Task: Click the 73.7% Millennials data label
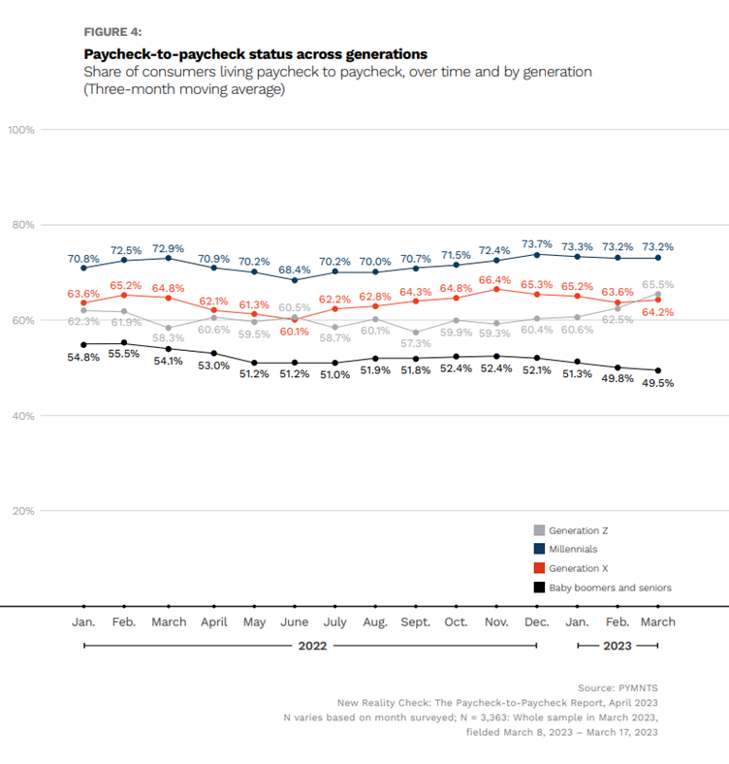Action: point(536,243)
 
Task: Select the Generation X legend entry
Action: point(571,568)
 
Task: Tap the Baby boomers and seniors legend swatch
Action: point(539,588)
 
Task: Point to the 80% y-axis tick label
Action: point(23,225)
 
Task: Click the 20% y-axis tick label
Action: point(23,511)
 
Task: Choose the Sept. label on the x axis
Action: point(416,622)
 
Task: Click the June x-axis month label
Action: point(295,622)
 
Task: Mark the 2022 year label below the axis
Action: point(312,646)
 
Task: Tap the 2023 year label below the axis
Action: point(617,646)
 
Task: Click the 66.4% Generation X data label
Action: point(494,280)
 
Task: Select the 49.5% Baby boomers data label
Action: point(658,383)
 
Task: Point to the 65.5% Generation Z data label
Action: point(658,284)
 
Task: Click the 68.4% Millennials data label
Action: point(295,270)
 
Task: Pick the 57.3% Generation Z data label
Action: point(416,343)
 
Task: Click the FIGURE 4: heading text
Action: point(112,32)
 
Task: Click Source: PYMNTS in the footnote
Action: point(618,688)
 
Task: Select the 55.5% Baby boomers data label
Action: point(124,354)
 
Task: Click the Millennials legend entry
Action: point(566,549)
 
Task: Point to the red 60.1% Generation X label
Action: point(295,332)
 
